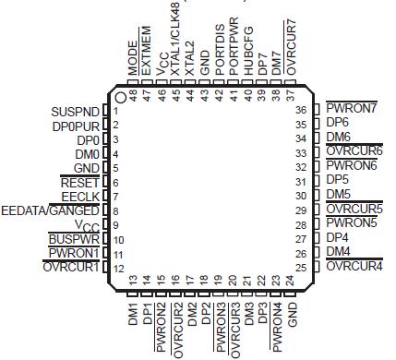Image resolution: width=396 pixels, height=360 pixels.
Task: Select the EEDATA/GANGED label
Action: (x=50, y=211)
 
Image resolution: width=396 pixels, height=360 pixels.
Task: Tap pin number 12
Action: (x=119, y=269)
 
